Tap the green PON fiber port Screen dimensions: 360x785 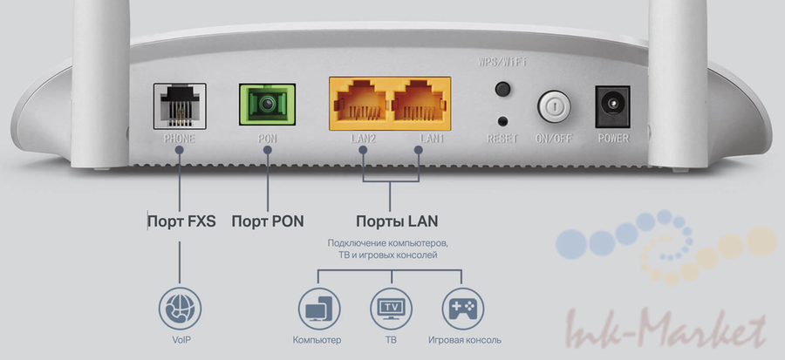(265, 105)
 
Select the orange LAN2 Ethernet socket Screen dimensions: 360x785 (358, 106)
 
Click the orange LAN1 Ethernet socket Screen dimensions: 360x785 (418, 106)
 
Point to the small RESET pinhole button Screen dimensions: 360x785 (502, 121)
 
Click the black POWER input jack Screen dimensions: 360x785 (611, 106)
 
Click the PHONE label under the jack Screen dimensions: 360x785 (179, 139)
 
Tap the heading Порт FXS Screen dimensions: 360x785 (181, 221)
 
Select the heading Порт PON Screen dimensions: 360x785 (268, 221)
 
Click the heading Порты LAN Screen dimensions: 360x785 (389, 221)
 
